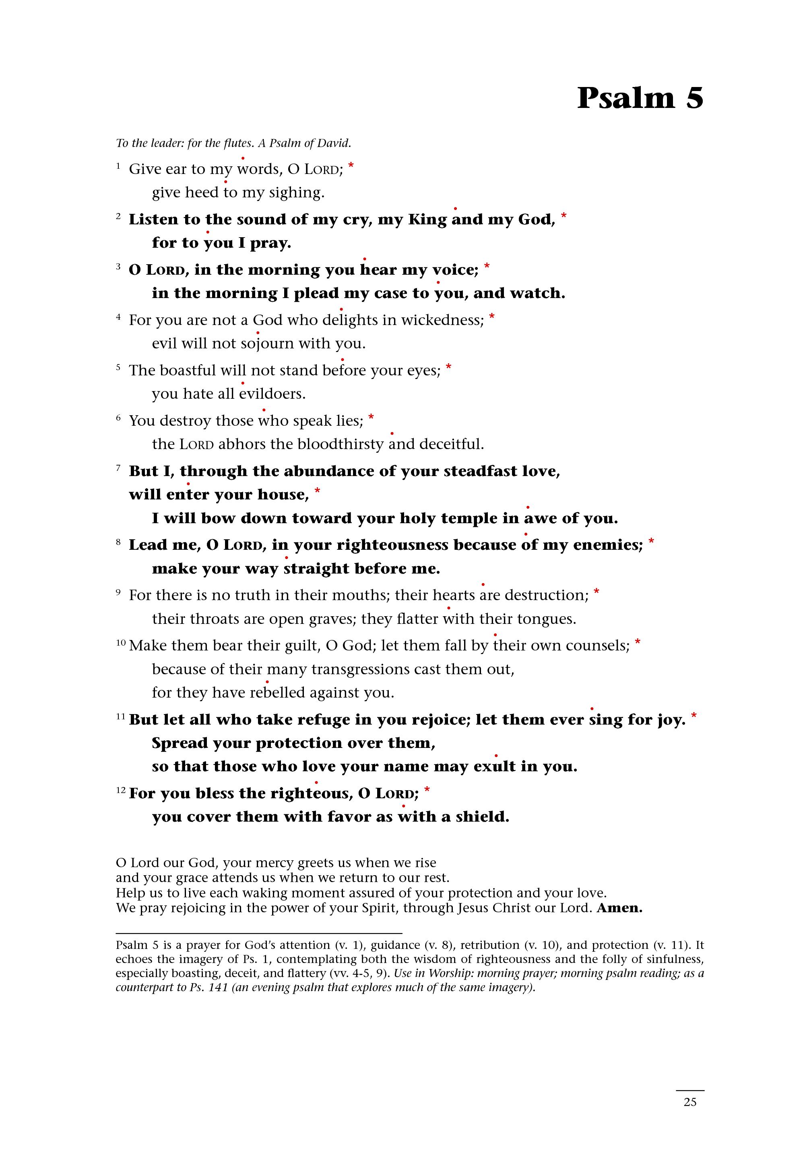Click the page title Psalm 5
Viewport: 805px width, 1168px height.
pyautogui.click(x=640, y=98)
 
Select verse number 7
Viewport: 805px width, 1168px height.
pyautogui.click(x=118, y=468)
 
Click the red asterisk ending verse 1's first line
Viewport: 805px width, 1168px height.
pyautogui.click(x=351, y=166)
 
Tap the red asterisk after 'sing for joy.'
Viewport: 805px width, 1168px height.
pyautogui.click(x=694, y=716)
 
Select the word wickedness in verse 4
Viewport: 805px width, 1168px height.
pyautogui.click(x=442, y=320)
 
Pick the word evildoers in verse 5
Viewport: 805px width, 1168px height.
pyautogui.click(x=272, y=394)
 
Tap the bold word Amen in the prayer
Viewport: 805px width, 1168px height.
pyautogui.click(x=619, y=909)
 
